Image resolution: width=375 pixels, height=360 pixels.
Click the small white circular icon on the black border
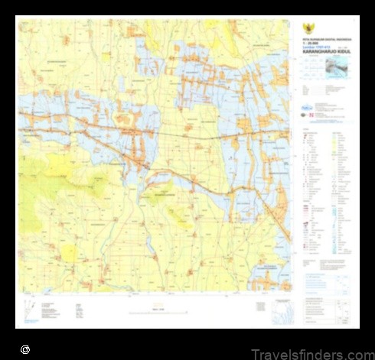pos(25,349)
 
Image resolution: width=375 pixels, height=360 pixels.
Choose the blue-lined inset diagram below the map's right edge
pos(284,310)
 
